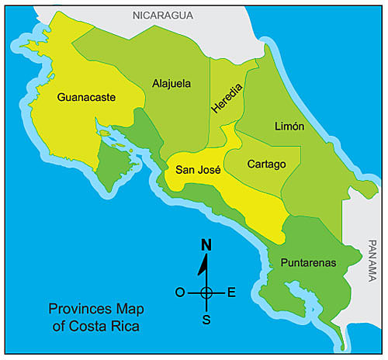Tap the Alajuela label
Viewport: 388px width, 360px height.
(171, 84)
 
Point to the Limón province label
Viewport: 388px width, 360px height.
(289, 126)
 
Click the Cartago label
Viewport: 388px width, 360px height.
(267, 164)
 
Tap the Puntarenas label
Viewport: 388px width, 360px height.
(309, 263)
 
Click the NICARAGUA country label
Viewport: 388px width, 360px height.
(162, 15)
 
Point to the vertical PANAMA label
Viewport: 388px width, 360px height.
(374, 262)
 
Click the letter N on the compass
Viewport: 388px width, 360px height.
(206, 245)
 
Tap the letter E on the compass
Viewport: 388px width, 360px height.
(231, 292)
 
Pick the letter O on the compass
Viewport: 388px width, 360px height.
(180, 292)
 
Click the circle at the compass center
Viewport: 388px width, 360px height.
(206, 292)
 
